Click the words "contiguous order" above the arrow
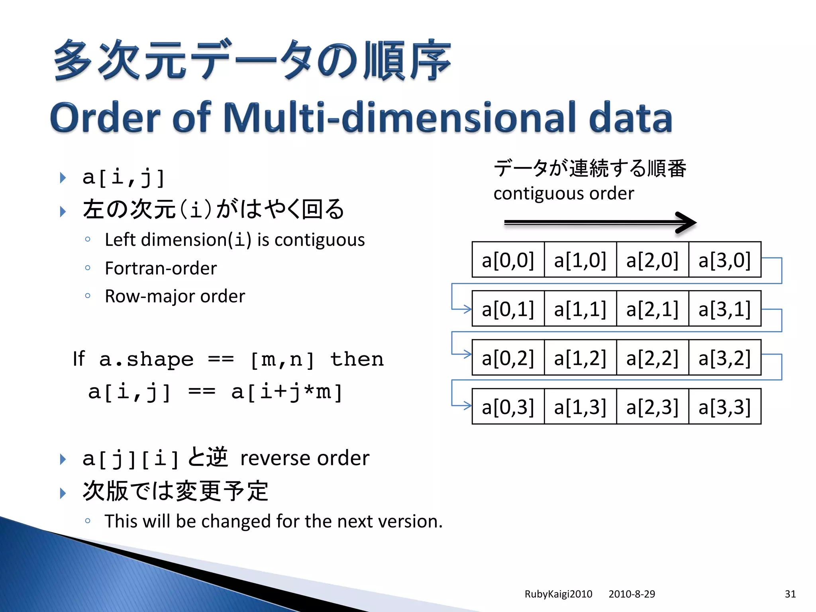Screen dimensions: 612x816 click(x=563, y=194)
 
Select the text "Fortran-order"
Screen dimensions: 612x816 click(x=161, y=268)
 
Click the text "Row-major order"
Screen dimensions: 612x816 click(x=175, y=296)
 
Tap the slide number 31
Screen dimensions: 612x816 click(x=790, y=594)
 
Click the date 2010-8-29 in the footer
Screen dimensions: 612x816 click(x=632, y=594)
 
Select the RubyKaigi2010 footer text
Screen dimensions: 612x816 click(x=558, y=594)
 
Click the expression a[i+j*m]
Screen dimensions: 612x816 click(x=287, y=392)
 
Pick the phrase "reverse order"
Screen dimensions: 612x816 click(x=305, y=458)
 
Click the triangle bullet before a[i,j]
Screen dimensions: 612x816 click(x=63, y=178)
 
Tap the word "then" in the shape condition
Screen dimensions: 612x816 click(x=357, y=359)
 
